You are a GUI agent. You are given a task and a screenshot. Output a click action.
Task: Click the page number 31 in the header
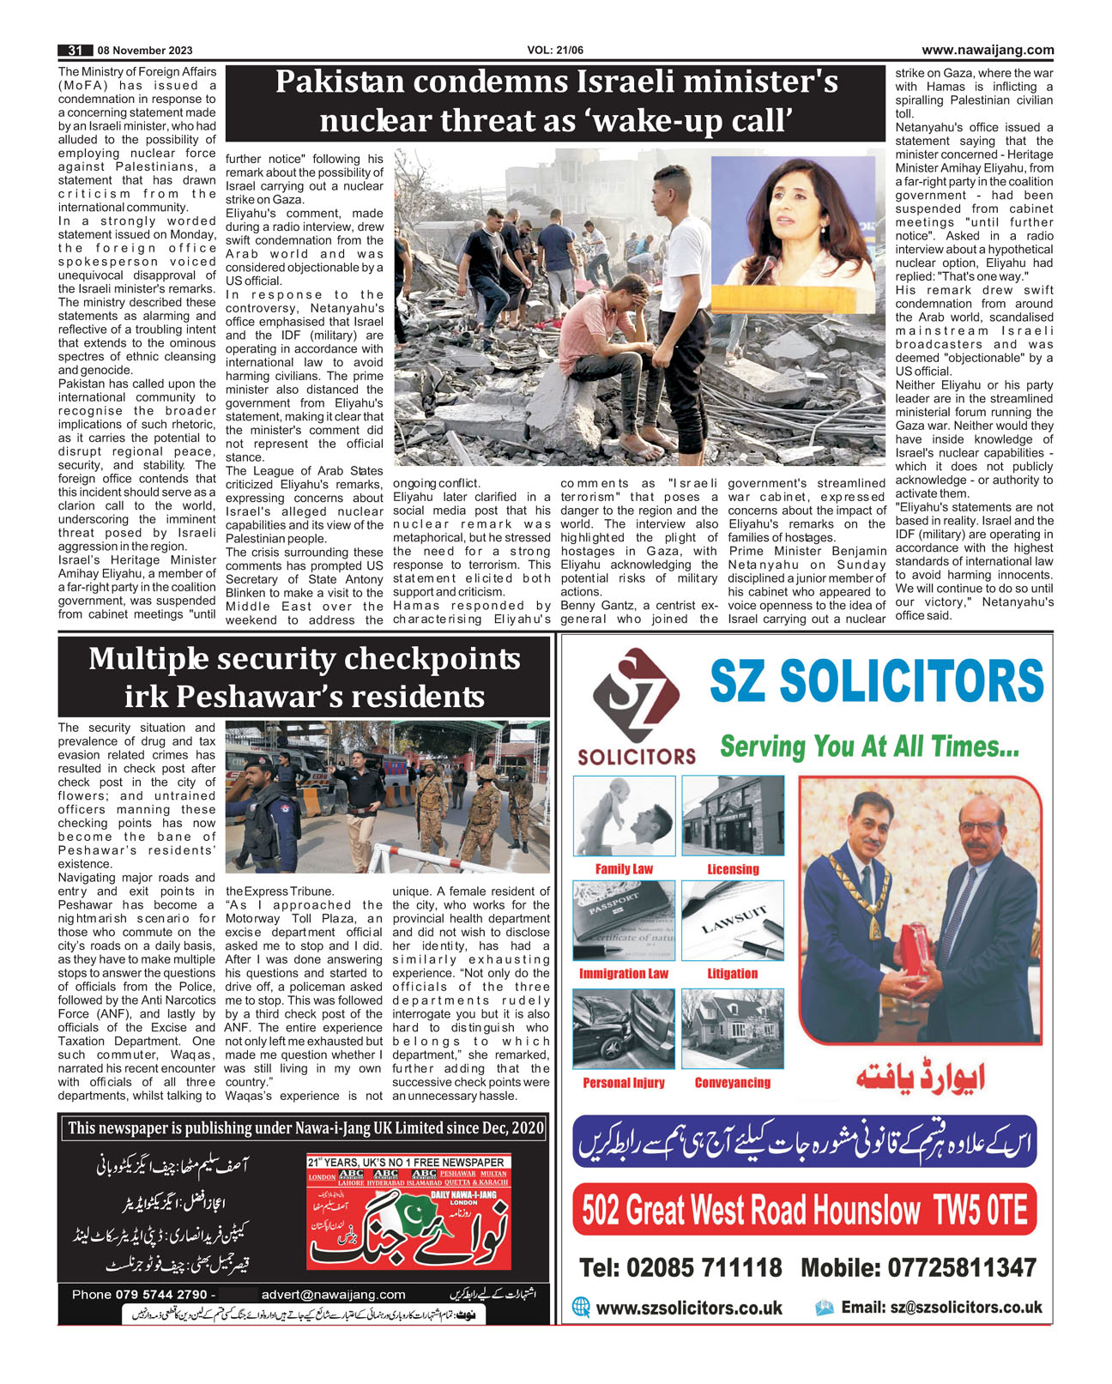pos(75,51)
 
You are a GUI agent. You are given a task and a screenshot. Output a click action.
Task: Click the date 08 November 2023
pos(145,51)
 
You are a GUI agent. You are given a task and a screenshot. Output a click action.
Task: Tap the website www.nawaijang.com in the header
pos(988,50)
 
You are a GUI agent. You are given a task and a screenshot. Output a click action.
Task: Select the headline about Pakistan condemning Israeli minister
pos(555,100)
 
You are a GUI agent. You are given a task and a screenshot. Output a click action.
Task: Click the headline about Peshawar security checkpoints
pos(304,676)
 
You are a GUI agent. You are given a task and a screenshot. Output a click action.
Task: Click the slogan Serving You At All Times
pos(869,746)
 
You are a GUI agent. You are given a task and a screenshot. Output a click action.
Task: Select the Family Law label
pos(624,869)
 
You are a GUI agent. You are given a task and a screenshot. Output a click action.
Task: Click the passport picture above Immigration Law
pos(623,921)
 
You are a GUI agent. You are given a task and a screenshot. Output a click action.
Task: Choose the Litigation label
pos(732,974)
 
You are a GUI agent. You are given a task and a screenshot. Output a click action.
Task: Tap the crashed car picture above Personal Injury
pos(623,1028)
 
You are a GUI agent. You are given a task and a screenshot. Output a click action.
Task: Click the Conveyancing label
pos(732,1083)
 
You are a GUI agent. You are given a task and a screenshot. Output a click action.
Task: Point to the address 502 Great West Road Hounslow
pos(804,1210)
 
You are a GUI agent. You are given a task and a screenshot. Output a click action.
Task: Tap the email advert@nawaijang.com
pos(334,1294)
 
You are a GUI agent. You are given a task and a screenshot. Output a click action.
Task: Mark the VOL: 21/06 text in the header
pos(555,51)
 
